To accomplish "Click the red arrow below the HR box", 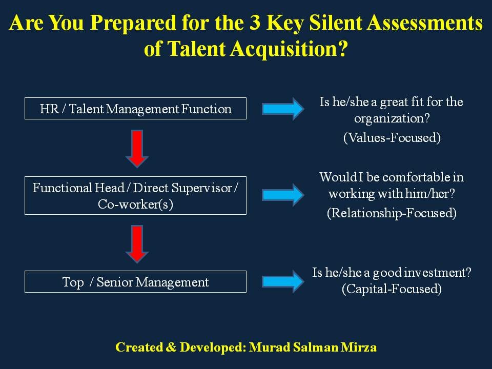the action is pos(137,149).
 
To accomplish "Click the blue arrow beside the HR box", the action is pos(283,109).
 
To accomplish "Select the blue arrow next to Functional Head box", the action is pos(283,195).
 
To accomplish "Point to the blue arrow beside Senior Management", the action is pos(283,281).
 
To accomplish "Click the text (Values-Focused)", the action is pos(392,138).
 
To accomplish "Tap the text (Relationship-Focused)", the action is pos(392,213).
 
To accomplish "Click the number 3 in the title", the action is pos(255,23).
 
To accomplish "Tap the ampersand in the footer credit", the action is pos(170,347).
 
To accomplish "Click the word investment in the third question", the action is pos(438,272).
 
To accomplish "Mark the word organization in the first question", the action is pos(392,119).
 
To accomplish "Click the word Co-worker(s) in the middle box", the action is pos(135,204).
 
